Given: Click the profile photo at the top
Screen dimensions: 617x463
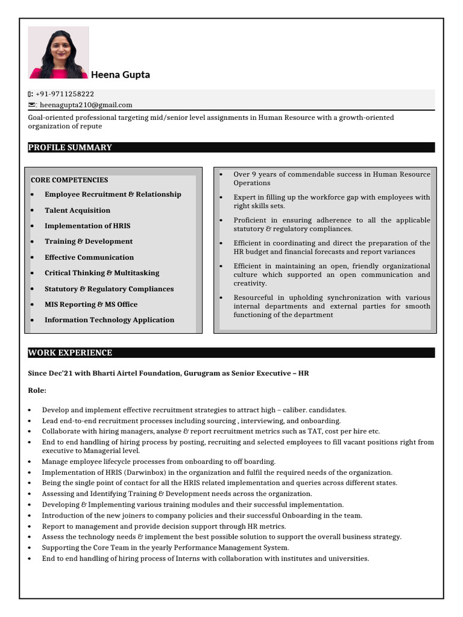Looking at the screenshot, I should click(x=58, y=52).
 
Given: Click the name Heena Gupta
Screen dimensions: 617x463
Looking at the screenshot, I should click(x=121, y=75).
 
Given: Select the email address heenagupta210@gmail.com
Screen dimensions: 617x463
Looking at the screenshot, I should click(x=86, y=105).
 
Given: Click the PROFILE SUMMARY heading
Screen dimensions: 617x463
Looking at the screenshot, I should click(x=70, y=148).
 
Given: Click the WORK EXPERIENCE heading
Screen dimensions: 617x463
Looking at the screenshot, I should click(x=70, y=353).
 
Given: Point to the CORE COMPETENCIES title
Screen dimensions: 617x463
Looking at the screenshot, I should click(x=69, y=180).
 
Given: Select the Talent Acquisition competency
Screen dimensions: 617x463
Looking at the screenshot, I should click(x=77, y=210).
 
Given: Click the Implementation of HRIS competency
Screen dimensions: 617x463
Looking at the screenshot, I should click(x=87, y=226).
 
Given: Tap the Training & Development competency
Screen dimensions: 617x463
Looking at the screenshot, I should click(x=89, y=242).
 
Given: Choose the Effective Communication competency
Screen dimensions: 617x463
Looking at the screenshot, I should click(x=89, y=257).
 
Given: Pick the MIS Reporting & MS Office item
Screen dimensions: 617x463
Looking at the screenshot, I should click(x=91, y=304).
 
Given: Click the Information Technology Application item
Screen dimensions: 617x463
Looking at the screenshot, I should click(x=109, y=320).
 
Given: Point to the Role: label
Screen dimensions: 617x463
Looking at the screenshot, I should click(x=37, y=390).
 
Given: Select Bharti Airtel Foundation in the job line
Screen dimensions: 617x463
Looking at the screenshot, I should click(x=134, y=374).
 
